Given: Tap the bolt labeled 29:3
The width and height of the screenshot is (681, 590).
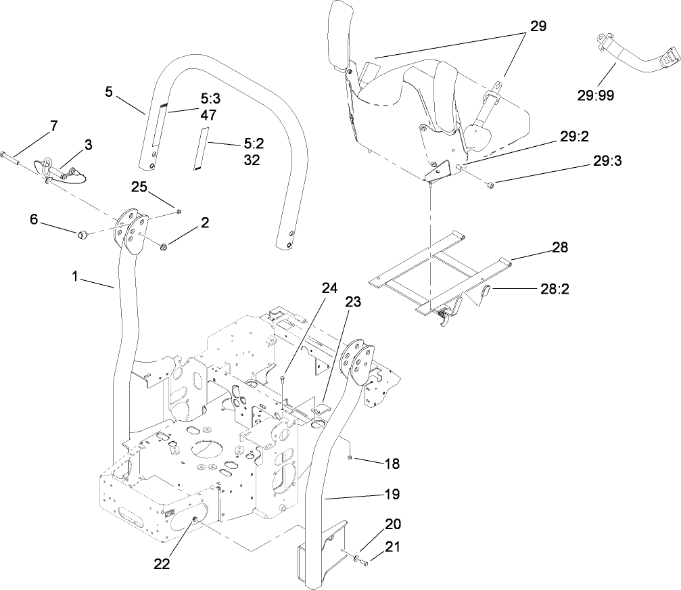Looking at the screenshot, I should point(490,183).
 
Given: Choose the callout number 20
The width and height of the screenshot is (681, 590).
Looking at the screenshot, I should point(392,524).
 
